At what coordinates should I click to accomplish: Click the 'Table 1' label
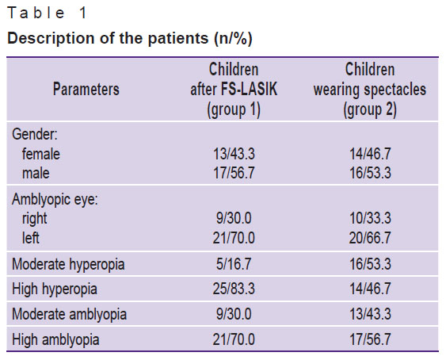point(47,13)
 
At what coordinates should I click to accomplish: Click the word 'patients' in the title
point(178,38)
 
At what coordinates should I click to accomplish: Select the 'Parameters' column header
point(86,89)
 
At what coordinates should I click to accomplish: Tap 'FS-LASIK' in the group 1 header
point(249,89)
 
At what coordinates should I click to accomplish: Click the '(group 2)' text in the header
point(370,109)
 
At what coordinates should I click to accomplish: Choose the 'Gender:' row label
point(35,134)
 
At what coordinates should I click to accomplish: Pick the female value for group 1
point(234,154)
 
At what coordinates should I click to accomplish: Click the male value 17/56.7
point(234,173)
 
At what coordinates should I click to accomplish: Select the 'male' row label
point(36,173)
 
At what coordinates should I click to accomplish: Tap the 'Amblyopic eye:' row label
point(55,199)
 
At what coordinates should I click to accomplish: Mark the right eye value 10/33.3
point(370,218)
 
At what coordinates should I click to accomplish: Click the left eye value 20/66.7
point(370,238)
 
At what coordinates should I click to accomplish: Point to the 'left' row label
point(31,238)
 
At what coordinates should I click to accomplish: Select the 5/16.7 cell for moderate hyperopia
point(234,264)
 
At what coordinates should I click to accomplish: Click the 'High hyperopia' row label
point(55,289)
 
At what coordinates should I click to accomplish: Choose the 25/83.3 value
point(234,289)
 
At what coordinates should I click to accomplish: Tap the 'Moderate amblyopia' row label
point(69,315)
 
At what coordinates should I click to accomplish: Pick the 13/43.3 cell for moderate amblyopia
point(370,314)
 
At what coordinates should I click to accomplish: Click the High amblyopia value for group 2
point(370,339)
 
